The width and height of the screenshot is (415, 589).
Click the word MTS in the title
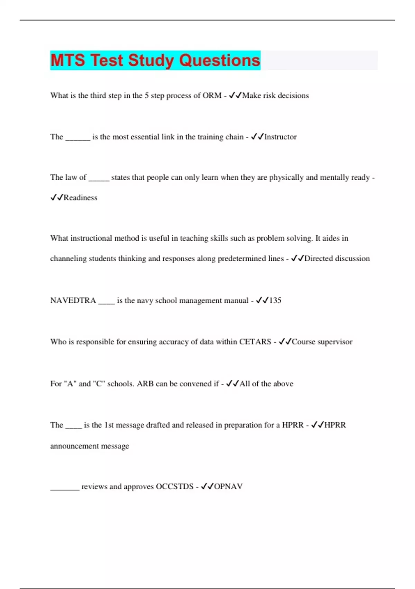coord(67,60)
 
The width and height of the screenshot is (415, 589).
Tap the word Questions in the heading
coord(220,60)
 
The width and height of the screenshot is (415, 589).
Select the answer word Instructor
coord(280,137)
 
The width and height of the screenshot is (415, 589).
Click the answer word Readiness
coord(80,197)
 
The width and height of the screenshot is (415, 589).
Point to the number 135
coord(275,300)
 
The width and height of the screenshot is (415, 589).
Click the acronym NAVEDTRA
coord(73,300)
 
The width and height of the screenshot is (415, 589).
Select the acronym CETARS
coord(255,342)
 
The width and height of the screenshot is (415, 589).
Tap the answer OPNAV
coord(228,486)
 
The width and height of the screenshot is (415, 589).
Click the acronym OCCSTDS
coord(175,486)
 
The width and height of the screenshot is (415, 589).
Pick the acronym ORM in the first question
coord(212,96)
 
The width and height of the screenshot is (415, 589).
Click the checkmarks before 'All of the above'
coord(232,384)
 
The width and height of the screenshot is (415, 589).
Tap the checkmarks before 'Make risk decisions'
coord(235,96)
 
